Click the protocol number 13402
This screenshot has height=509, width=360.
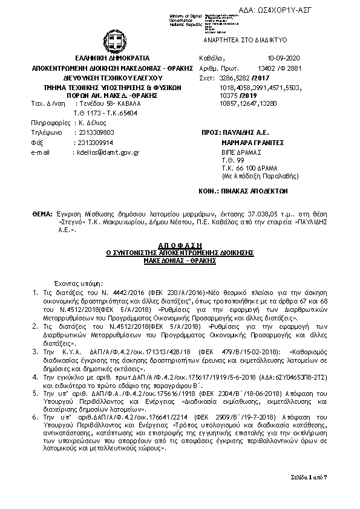(269, 69)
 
